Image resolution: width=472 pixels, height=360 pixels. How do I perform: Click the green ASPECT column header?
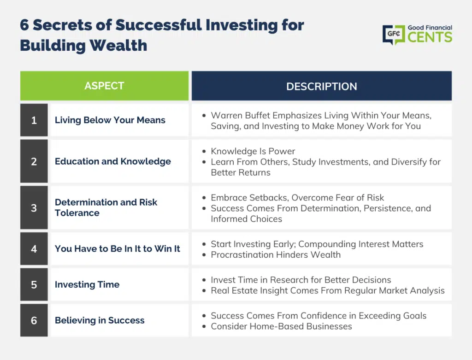(x=105, y=86)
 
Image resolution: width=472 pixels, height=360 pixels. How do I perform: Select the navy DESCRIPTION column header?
(x=321, y=86)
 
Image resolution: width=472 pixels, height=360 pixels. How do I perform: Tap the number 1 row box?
(x=34, y=120)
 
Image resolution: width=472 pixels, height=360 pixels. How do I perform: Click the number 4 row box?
(x=34, y=248)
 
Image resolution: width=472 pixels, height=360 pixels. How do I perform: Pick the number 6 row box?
(x=34, y=320)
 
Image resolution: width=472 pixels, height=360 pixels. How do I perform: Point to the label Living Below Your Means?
(x=110, y=120)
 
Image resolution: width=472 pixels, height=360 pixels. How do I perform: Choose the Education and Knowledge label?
(x=113, y=161)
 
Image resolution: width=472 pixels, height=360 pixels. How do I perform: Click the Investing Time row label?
(x=87, y=284)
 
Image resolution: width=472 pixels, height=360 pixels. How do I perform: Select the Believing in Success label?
(x=100, y=320)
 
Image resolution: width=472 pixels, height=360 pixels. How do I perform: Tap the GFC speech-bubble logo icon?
(x=394, y=34)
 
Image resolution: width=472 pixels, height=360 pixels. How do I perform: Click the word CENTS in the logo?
(x=430, y=37)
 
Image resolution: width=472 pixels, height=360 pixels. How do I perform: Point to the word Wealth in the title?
(x=118, y=46)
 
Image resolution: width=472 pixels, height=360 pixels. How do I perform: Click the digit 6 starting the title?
(x=24, y=25)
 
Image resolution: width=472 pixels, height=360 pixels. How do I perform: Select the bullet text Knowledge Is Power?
(x=253, y=151)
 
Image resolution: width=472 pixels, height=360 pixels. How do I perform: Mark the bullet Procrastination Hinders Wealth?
(x=276, y=254)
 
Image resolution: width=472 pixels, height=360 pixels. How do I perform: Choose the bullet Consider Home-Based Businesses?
(x=282, y=326)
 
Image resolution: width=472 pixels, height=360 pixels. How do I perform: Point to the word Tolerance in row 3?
(x=77, y=213)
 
